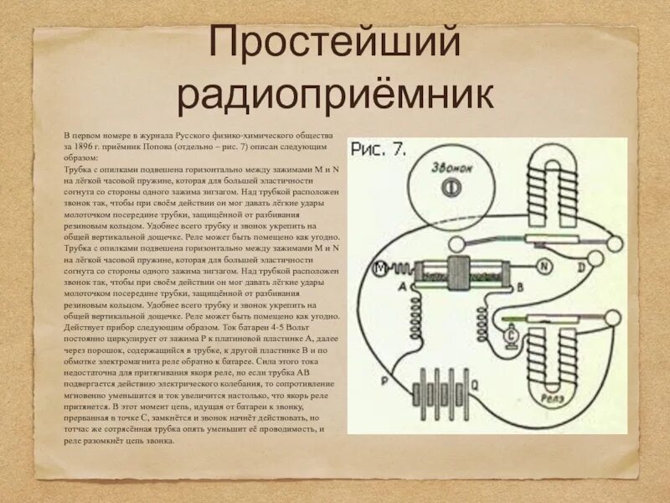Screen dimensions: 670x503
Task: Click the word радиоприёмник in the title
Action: tap(335, 95)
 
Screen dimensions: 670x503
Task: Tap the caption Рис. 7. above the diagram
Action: tap(379, 150)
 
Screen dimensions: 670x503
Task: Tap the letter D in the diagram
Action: tap(580, 267)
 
